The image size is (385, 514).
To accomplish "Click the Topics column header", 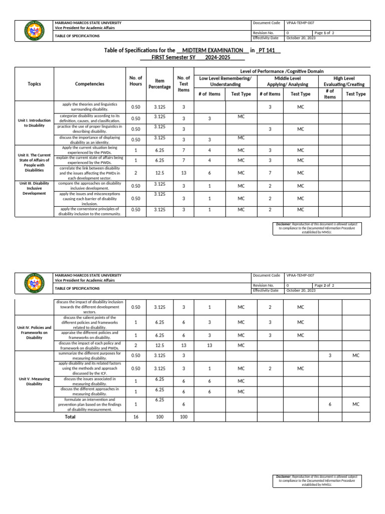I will coord(35,84).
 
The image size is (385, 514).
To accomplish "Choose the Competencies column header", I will coord(90,84).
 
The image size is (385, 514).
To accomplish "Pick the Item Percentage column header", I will coord(159,84).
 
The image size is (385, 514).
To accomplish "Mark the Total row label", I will coord(70,417).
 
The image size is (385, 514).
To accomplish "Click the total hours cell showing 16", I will coord(135,417).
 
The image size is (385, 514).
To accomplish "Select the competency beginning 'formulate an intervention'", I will coord(88,404).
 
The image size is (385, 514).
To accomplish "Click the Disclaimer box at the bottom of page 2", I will coord(316,480).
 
